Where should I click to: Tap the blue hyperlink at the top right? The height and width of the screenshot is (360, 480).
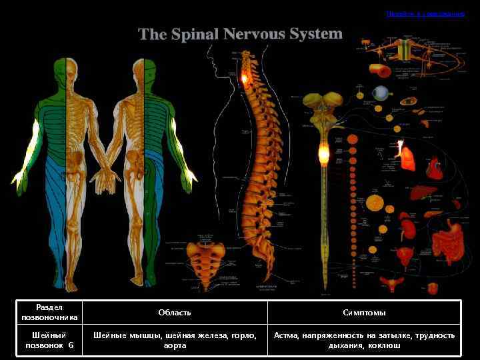[x=425, y=13]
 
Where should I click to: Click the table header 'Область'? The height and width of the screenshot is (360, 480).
[x=175, y=313]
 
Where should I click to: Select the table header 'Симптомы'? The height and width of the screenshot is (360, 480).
[x=364, y=313]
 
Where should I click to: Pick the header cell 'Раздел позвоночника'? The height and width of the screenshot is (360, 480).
[x=49, y=313]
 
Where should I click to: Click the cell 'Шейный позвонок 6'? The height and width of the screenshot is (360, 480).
[x=49, y=341]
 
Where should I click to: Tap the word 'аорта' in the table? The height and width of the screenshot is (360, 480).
[x=175, y=346]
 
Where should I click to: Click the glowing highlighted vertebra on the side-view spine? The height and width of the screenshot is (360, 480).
[x=245, y=81]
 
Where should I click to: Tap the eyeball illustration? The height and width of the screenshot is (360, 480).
[x=380, y=93]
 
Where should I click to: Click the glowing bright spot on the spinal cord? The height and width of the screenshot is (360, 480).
[x=324, y=155]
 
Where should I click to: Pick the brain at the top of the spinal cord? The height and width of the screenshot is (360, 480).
[x=323, y=103]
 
